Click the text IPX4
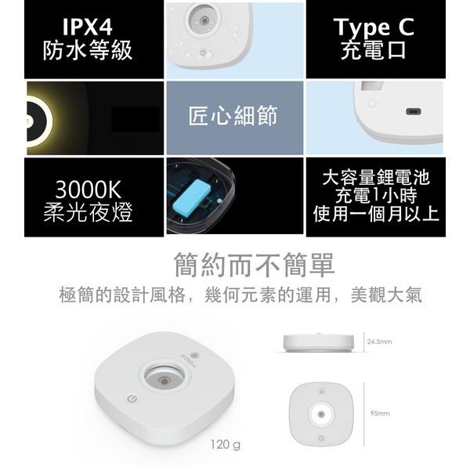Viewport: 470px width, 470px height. click(x=88, y=27)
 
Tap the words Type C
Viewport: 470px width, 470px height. click(x=374, y=27)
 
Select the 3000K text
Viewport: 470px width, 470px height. click(x=88, y=190)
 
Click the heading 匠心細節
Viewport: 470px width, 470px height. click(x=233, y=116)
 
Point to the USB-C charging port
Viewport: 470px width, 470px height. click(x=414, y=112)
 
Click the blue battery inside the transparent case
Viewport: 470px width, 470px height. click(x=192, y=194)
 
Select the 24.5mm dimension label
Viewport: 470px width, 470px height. click(x=379, y=342)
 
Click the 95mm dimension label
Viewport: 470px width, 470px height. click(x=380, y=414)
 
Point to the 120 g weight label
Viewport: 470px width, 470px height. click(x=226, y=444)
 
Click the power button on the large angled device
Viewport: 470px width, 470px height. click(x=132, y=399)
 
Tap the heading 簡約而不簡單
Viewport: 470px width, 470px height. click(x=254, y=265)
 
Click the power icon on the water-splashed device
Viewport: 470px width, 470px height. click(x=203, y=53)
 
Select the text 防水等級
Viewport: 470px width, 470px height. click(x=88, y=50)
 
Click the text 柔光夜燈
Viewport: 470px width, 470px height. click(x=88, y=212)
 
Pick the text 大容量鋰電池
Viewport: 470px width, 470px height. click(x=376, y=178)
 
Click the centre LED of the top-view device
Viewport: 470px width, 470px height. click(x=321, y=414)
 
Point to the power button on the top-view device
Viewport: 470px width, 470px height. click(x=321, y=438)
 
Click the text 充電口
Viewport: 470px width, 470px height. click(x=374, y=50)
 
